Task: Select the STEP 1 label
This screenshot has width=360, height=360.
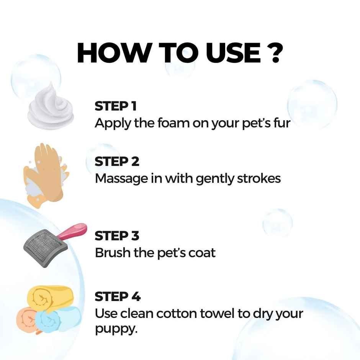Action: coord(115,106)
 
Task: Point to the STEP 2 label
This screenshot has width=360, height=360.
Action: coord(117,162)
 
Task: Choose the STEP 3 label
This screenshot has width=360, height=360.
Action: coord(117,236)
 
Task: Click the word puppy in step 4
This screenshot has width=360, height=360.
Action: coord(115,329)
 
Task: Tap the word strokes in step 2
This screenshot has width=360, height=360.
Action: coord(260,178)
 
